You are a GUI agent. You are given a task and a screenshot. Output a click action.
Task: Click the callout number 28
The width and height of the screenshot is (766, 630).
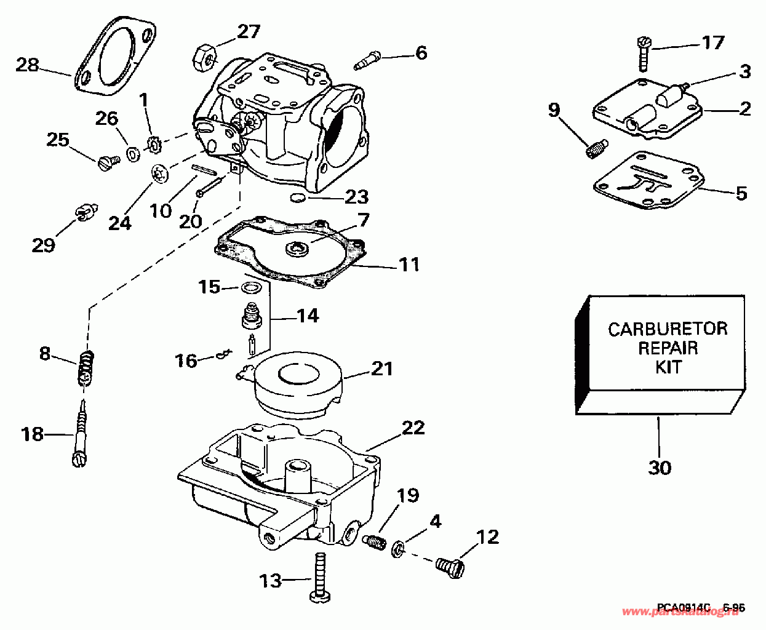[x=27, y=64]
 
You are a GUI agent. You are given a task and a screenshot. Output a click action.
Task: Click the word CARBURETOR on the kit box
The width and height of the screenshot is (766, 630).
[x=668, y=329]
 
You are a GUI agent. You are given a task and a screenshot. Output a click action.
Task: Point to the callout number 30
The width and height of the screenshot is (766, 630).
[x=659, y=468]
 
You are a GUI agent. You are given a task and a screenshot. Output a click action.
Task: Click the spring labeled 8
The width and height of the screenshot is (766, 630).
[x=88, y=368]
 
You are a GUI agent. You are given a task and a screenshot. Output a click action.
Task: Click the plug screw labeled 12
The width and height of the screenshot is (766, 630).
[x=449, y=565]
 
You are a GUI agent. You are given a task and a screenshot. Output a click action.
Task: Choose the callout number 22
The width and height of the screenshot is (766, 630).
[x=412, y=427]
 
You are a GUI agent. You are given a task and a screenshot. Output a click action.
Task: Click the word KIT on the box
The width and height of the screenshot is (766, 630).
[x=668, y=367]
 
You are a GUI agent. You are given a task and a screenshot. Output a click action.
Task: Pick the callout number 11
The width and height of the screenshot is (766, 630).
[x=409, y=265]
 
